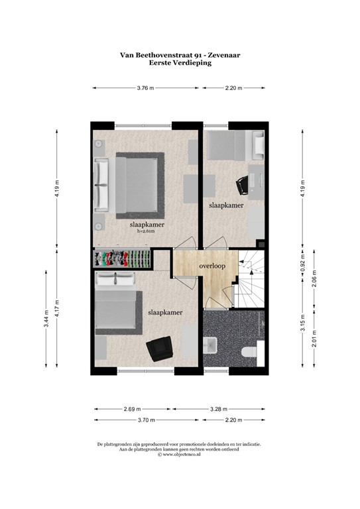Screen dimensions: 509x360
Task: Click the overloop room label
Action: tap(212, 266)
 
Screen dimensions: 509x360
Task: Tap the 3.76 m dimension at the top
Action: tap(146, 87)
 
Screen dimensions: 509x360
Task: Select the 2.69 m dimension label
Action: tap(132, 408)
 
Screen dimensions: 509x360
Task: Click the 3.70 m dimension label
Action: tap(146, 420)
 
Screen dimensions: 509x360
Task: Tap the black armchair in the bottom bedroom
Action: tap(159, 347)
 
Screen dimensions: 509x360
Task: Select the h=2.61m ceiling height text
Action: tap(147, 232)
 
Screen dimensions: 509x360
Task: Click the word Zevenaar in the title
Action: tap(220, 56)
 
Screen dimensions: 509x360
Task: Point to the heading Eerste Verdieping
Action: tap(180, 64)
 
